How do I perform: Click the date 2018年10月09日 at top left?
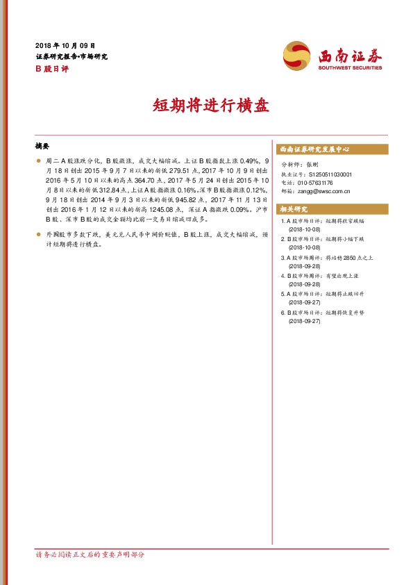point(65,44)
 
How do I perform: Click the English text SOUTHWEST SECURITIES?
point(351,69)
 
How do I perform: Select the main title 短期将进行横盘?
point(205,106)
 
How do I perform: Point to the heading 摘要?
point(42,147)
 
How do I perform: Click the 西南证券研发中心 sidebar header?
point(314,149)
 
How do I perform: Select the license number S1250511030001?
point(330,174)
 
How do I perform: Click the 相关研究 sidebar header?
point(293,209)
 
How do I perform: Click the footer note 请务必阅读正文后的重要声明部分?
point(90,554)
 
